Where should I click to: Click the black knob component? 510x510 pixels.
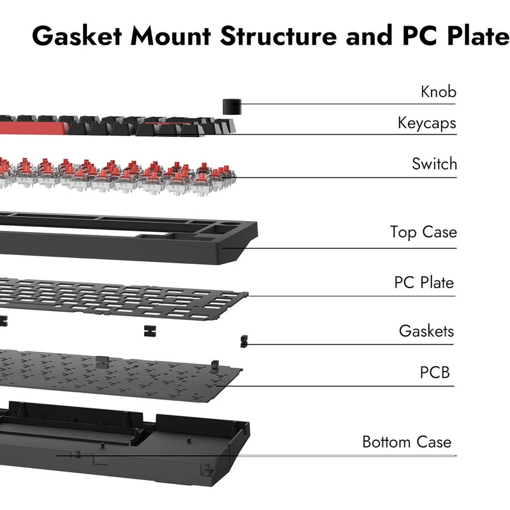point(232,106)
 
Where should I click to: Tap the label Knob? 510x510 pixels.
point(439,92)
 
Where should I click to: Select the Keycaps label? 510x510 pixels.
point(426,123)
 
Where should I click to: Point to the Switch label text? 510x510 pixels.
point(434,164)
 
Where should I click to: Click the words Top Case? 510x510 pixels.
point(423,233)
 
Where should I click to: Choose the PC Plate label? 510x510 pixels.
point(424,282)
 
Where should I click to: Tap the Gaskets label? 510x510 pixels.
point(426,331)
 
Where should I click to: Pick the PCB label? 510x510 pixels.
point(435,372)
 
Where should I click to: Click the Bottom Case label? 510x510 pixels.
point(407,442)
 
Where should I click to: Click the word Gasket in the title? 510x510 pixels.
point(76,36)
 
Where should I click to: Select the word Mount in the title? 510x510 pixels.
point(171,36)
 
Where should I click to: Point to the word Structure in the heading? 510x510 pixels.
point(279,36)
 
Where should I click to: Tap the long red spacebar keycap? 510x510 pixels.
point(33,128)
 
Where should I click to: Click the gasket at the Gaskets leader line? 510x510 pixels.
point(244,342)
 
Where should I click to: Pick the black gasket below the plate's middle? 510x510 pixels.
point(150,331)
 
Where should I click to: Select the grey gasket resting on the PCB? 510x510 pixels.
point(102,362)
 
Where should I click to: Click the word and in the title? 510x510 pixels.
point(369,36)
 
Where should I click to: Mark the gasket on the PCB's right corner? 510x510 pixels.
point(215,367)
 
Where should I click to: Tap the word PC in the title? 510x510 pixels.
point(420,36)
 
